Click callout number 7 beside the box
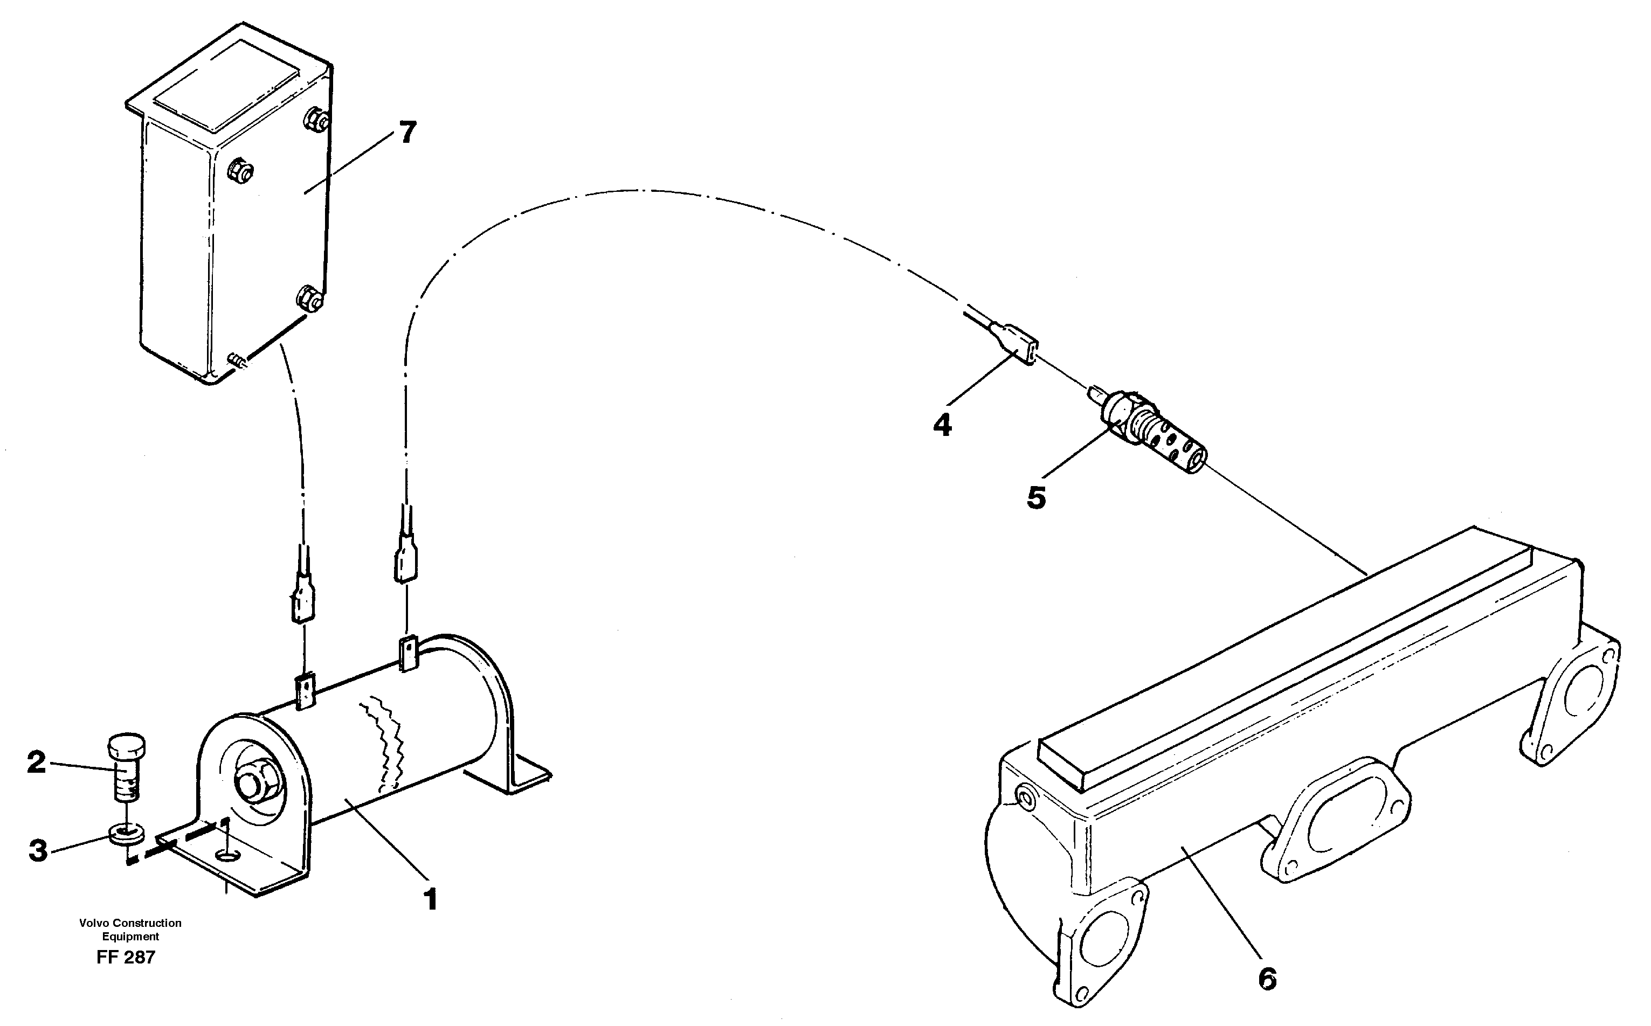tap(406, 133)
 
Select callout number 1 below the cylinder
tap(430, 900)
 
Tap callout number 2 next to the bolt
tap(37, 762)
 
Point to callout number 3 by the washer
tap(38, 850)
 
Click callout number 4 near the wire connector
tap(942, 426)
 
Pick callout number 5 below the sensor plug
tap(1036, 498)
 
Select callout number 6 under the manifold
tap(1267, 979)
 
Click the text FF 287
tap(126, 958)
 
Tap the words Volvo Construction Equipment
tap(130, 930)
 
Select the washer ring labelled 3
tap(126, 833)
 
